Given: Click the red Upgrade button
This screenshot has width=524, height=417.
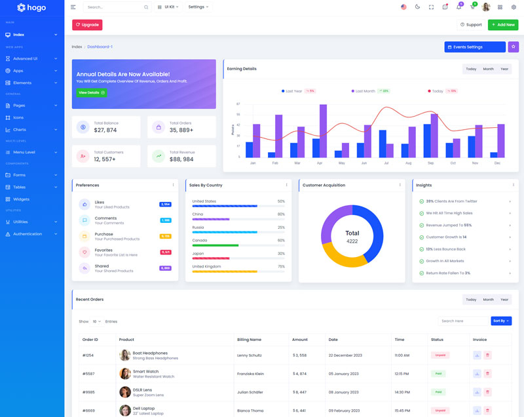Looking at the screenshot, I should (x=87, y=25).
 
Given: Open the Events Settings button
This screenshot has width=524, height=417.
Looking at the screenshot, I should (x=475, y=47).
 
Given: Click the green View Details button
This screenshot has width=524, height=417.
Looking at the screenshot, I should (x=92, y=92).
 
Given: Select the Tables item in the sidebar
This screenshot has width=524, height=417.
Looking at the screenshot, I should (x=19, y=187).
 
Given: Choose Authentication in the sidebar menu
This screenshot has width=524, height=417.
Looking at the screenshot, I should (x=27, y=233).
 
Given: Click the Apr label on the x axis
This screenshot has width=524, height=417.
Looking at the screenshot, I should (x=320, y=163).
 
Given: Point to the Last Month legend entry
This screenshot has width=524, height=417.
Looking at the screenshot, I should (x=365, y=91).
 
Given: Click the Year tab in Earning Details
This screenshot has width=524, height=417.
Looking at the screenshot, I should (x=504, y=69).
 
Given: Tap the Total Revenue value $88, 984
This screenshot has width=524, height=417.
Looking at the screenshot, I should (x=181, y=159).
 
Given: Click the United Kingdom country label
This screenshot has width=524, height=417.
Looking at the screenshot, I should (x=206, y=266).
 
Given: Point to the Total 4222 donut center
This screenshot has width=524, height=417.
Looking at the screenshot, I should (x=352, y=237).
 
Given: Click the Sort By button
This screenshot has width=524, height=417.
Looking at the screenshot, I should (x=501, y=321).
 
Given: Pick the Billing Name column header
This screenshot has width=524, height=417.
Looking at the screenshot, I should (x=249, y=340).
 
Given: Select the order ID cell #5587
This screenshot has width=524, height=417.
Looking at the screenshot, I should (x=89, y=374).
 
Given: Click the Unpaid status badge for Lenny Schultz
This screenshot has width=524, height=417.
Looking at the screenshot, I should (x=439, y=355).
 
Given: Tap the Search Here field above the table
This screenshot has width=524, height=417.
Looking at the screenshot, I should (x=462, y=321).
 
